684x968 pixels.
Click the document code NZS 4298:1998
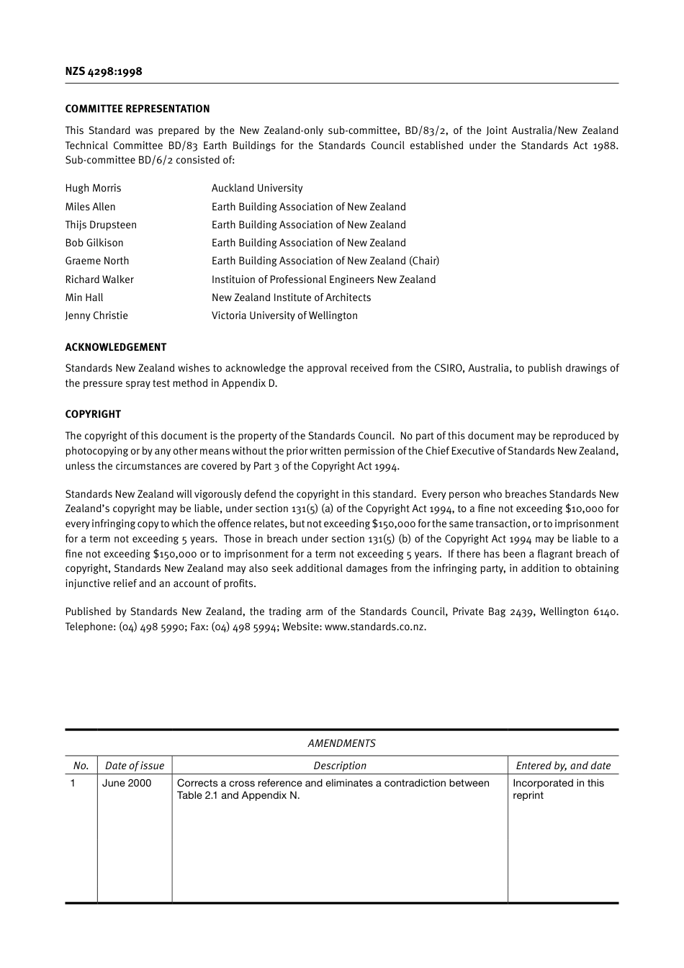click(x=104, y=71)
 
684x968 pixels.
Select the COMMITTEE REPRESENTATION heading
click(x=138, y=109)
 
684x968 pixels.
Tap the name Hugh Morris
click(x=93, y=188)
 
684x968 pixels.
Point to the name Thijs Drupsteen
click(x=101, y=225)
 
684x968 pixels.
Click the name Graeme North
click(x=97, y=261)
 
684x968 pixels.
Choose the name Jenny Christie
click(x=96, y=315)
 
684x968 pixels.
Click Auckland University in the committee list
click(x=257, y=188)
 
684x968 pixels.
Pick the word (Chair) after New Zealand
click(x=424, y=261)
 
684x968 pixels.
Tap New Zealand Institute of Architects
click(x=292, y=297)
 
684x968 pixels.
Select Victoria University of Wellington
click(x=284, y=315)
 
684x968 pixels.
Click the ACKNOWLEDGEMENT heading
click(x=116, y=347)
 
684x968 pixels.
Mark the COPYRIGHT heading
click(x=93, y=414)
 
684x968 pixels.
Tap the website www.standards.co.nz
click(x=375, y=627)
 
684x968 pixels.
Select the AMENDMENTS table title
click(x=341, y=743)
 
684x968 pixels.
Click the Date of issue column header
click(x=135, y=766)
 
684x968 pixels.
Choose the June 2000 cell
click(x=127, y=783)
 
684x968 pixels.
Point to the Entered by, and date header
click(x=563, y=766)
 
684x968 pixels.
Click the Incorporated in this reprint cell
click(x=558, y=789)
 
